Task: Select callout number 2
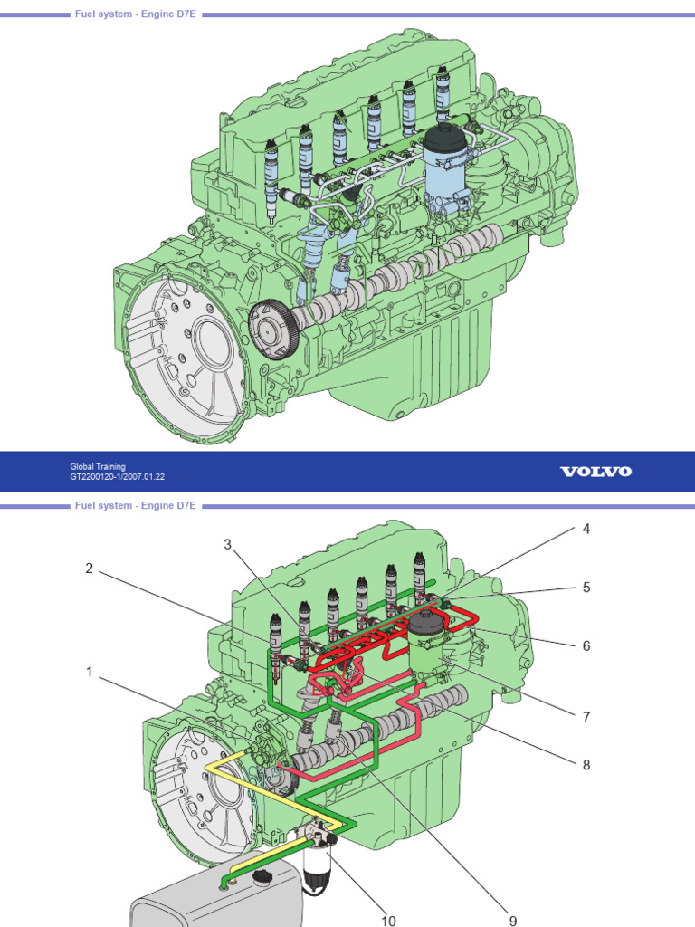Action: [x=89, y=568]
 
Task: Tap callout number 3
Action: [x=227, y=543]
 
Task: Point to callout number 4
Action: [x=586, y=529]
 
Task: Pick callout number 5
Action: [x=586, y=587]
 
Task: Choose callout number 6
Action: [x=586, y=645]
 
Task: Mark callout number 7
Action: [x=586, y=716]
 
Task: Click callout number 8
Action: [x=586, y=764]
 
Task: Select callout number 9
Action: [x=512, y=920]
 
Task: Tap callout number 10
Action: [x=388, y=920]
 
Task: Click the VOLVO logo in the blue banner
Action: [x=595, y=472]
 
